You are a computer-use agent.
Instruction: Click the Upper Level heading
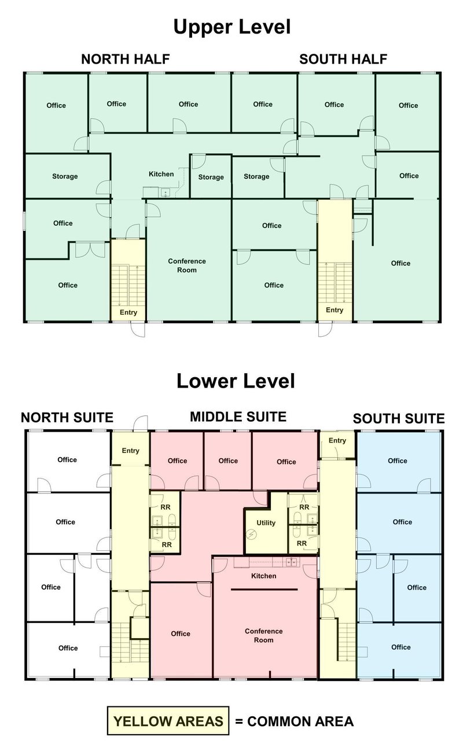click(x=231, y=27)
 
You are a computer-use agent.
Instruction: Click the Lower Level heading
click(x=236, y=381)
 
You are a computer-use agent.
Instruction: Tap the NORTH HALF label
click(x=126, y=59)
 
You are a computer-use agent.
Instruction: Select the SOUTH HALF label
click(x=343, y=59)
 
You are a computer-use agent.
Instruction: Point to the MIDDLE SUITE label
click(x=238, y=417)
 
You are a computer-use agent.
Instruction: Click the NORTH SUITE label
click(x=67, y=417)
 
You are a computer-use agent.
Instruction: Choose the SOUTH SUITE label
click(x=399, y=418)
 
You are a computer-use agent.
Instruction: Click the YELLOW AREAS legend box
click(x=168, y=721)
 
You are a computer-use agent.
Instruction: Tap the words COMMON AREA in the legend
click(x=300, y=721)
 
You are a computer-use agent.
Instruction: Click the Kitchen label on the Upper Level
click(x=161, y=174)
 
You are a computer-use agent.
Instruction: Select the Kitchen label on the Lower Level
click(x=264, y=576)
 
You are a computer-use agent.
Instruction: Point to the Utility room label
click(x=266, y=523)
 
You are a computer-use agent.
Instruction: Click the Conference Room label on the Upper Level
click(x=187, y=266)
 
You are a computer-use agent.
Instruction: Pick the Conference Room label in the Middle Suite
click(x=264, y=635)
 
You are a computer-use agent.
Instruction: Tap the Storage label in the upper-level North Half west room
click(x=65, y=176)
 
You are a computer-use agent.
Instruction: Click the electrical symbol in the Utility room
click(x=252, y=534)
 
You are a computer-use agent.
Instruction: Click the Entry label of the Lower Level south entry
click(x=337, y=440)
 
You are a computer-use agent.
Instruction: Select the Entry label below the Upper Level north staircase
click(x=128, y=312)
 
